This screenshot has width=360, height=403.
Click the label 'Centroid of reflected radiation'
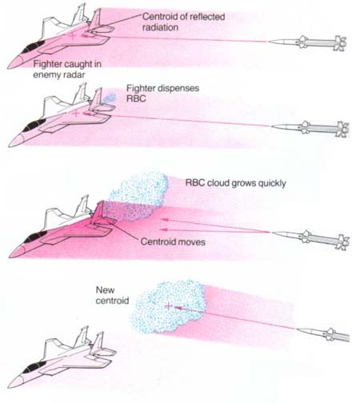(183, 22)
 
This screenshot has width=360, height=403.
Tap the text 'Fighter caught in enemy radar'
(67, 70)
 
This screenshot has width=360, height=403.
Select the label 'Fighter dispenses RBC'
(162, 93)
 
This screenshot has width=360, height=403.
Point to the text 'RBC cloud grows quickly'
(235, 183)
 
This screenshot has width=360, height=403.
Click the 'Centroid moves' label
(173, 241)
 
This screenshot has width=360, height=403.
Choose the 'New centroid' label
(112, 295)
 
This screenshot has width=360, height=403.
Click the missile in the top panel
(307, 43)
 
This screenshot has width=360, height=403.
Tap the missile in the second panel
(310, 128)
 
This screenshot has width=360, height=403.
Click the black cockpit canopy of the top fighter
(33, 47)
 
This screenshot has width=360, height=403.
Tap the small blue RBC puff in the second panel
(110, 98)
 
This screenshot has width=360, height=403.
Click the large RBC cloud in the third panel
(138, 197)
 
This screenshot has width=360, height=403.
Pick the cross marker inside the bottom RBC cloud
(168, 305)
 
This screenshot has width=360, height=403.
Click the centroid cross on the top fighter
(72, 35)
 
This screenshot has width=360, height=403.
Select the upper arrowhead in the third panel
(165, 220)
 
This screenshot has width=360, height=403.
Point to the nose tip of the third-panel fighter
(10, 257)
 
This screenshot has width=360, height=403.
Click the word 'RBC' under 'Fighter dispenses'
(136, 98)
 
